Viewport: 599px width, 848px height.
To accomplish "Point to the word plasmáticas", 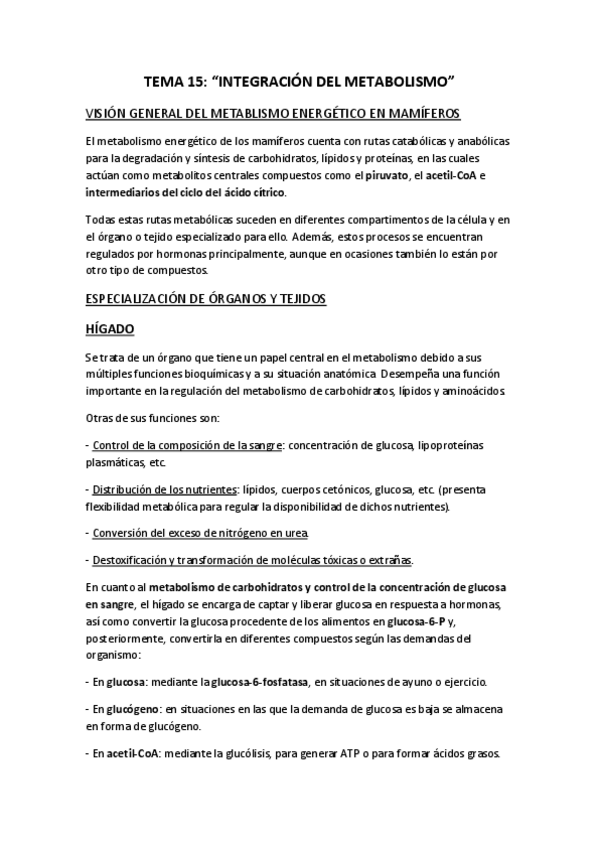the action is (x=118, y=462).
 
